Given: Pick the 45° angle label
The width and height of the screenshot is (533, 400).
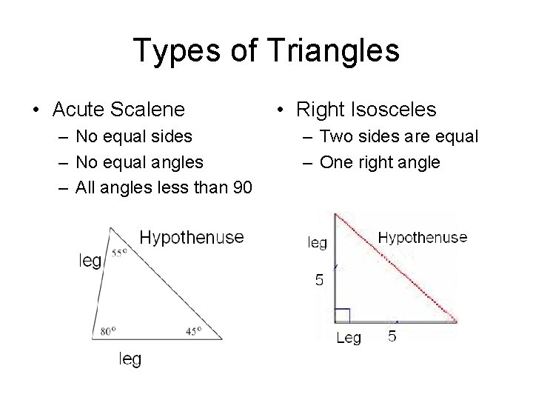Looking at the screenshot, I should click(193, 331).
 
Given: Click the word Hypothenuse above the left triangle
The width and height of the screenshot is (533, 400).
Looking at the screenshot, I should click(192, 237).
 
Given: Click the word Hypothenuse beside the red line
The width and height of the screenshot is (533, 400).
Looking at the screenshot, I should click(423, 237).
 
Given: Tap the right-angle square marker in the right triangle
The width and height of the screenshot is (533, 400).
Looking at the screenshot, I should click(342, 316).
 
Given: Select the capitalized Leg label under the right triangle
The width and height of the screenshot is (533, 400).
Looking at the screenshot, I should click(349, 339).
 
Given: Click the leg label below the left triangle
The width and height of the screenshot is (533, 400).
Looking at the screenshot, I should click(130, 359).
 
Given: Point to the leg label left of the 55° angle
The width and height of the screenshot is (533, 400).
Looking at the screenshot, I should click(90, 261).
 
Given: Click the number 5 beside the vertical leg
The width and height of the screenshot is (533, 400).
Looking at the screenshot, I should click(319, 280).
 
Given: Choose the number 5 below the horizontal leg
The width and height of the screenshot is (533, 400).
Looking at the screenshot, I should click(392, 337).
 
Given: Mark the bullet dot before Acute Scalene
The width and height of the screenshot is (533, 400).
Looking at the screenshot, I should click(36, 110).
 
